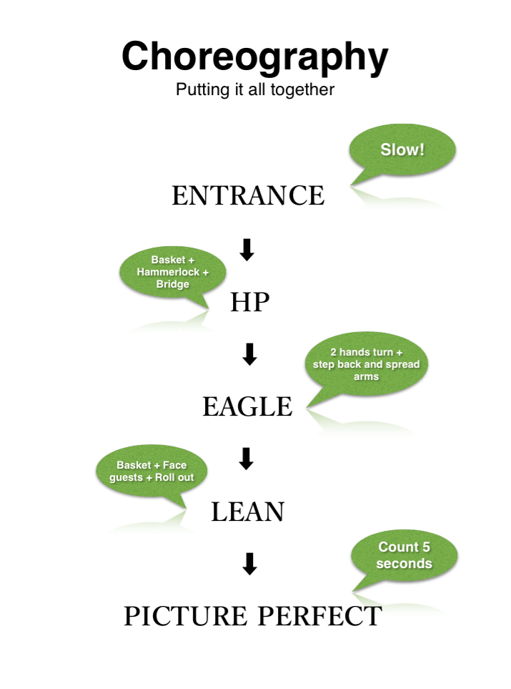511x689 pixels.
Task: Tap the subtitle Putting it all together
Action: click(x=255, y=91)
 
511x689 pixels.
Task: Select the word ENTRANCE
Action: click(x=248, y=195)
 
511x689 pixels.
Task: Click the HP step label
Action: click(x=249, y=303)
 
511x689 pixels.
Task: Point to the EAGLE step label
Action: click(x=247, y=407)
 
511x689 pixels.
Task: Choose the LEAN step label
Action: click(x=248, y=512)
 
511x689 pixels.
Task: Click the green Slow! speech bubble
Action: click(x=402, y=152)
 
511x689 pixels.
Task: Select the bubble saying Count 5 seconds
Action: click(x=405, y=556)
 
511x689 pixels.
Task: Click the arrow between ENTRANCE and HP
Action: click(x=247, y=249)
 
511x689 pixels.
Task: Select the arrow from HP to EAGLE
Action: click(x=249, y=354)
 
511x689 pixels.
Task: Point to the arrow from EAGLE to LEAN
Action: click(x=246, y=459)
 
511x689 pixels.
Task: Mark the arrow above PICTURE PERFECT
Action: click(x=249, y=565)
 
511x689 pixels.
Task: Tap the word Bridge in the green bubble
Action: click(x=172, y=284)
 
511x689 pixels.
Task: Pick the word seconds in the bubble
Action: click(x=405, y=563)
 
